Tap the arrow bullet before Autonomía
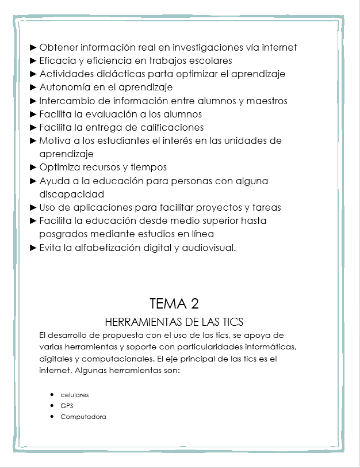[x=33, y=87]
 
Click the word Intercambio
[x=66, y=101]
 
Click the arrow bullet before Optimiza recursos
[x=33, y=168]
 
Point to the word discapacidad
[x=71, y=194]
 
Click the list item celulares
[x=75, y=395]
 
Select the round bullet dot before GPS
[x=52, y=406]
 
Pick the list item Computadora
[x=83, y=417]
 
